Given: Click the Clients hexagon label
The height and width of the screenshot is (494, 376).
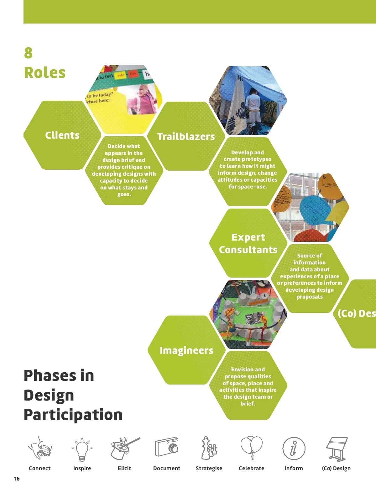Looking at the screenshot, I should pyautogui.click(x=62, y=135).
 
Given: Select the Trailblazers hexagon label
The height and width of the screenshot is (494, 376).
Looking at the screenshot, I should pyautogui.click(x=186, y=136).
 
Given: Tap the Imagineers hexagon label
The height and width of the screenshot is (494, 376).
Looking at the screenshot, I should pyautogui.click(x=186, y=350).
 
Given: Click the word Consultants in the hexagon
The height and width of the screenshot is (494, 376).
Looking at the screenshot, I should pyautogui.click(x=248, y=250).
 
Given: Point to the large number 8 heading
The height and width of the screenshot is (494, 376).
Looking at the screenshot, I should pyautogui.click(x=28, y=53).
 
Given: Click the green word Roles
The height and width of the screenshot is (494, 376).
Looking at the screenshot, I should pyautogui.click(x=45, y=72).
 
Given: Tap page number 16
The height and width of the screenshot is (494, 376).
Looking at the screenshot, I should pyautogui.click(x=17, y=478).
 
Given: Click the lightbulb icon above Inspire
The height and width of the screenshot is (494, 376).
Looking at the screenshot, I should pyautogui.click(x=82, y=449).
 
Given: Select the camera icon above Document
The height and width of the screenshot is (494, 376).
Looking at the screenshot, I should pyautogui.click(x=167, y=447).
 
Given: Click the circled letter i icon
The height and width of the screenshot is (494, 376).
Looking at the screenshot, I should pyautogui.click(x=294, y=449).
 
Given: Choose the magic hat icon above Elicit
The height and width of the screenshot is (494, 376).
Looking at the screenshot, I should pyautogui.click(x=123, y=449).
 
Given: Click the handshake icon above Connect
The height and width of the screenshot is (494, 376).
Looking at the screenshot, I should pyautogui.click(x=40, y=449).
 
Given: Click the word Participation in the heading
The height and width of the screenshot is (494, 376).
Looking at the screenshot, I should pyautogui.click(x=73, y=415).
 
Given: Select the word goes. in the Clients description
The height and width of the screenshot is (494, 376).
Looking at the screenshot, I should pyautogui.click(x=124, y=194).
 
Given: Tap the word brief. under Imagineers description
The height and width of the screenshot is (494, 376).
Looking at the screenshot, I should pyautogui.click(x=248, y=404).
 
